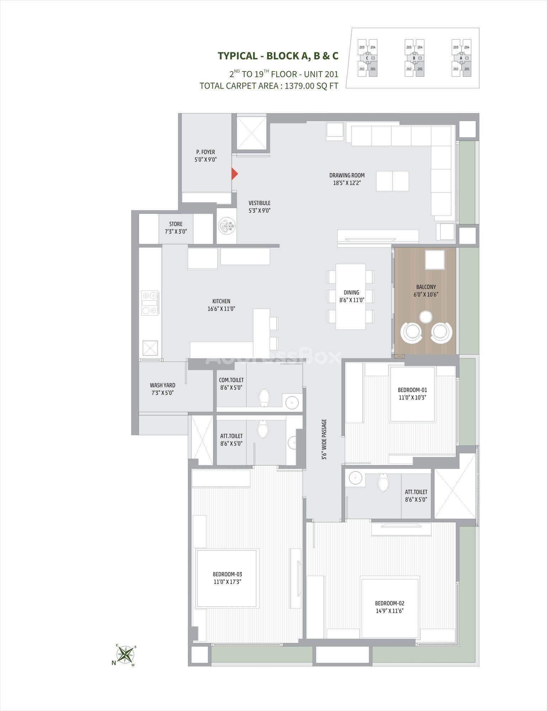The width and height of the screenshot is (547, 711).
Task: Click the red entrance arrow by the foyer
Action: pyautogui.click(x=234, y=173)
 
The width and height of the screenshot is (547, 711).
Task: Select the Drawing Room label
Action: pyautogui.click(x=347, y=179)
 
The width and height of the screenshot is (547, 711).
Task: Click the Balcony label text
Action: pyautogui.click(x=426, y=290)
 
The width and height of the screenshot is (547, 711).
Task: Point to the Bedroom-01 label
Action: pyautogui.click(x=412, y=394)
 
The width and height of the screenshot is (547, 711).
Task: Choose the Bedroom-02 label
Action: pyautogui.click(x=389, y=607)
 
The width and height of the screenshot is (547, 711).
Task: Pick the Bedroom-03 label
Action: pyautogui.click(x=227, y=578)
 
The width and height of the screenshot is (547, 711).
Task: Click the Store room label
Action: pyautogui.click(x=176, y=228)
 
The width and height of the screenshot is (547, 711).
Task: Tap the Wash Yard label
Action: pyautogui.click(x=163, y=389)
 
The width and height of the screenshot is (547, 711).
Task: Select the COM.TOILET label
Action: pyautogui.click(x=231, y=384)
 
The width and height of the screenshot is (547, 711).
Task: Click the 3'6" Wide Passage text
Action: pyautogui.click(x=324, y=440)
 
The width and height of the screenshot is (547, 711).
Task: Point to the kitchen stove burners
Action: pyautogui.click(x=150, y=303)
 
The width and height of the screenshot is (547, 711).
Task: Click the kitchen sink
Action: pyautogui.click(x=150, y=348)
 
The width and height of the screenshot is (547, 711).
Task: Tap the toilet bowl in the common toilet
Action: pyautogui.click(x=264, y=397)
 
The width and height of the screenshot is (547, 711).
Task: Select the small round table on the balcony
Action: pyautogui.click(x=426, y=316)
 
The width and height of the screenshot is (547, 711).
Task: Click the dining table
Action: pyautogui.click(x=351, y=296)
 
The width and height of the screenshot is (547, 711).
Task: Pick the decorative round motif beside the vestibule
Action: pyautogui.click(x=227, y=226)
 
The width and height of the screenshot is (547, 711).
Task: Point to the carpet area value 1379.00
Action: pyautogui.click(x=299, y=86)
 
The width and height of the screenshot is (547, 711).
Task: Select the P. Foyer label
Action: pyautogui.click(x=206, y=156)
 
